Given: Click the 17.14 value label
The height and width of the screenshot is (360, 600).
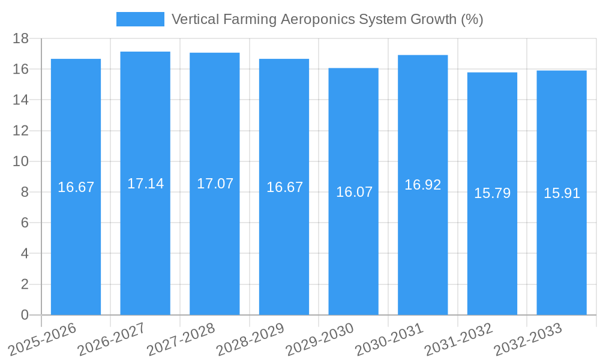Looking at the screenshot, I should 145,184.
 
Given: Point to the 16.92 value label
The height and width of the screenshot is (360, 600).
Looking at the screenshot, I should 422,185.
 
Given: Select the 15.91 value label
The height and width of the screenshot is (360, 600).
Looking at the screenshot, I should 562,193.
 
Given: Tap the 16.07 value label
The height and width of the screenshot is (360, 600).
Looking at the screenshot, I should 354,192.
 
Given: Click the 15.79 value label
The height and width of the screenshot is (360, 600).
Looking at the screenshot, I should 492,193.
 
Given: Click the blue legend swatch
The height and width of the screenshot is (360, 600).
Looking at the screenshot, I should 140,19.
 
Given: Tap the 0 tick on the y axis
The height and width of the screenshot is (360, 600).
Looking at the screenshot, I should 25,315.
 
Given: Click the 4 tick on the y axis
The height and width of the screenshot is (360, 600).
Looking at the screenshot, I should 25,253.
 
